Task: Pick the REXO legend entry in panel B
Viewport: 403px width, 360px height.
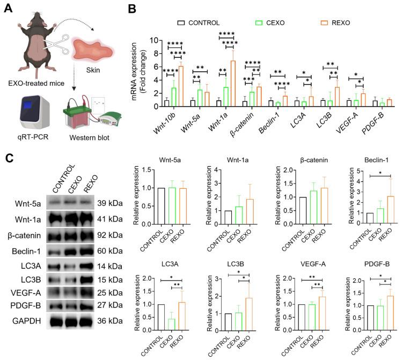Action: coord(334,23)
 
